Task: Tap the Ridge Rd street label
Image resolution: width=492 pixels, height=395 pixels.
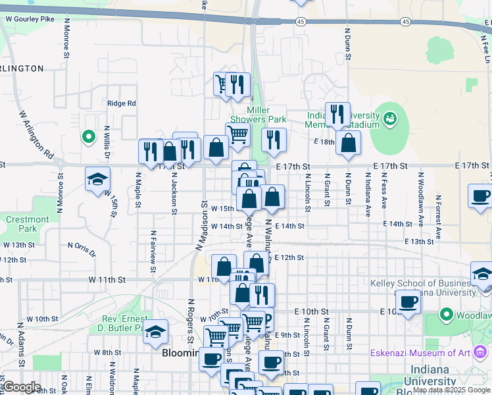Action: point(121,103)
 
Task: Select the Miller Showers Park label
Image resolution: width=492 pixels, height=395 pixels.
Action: point(266,115)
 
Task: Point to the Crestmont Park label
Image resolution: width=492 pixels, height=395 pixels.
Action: point(28,224)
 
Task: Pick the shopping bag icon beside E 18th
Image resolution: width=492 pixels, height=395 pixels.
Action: point(348,142)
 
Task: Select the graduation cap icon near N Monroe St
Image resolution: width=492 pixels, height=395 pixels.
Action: point(97,179)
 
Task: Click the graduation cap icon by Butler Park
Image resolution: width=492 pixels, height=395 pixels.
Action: point(156,331)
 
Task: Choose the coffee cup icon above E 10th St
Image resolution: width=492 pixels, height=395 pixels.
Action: point(408,302)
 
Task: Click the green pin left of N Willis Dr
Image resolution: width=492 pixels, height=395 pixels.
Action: point(88,137)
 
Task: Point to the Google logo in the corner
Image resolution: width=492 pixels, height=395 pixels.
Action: point(22,387)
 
